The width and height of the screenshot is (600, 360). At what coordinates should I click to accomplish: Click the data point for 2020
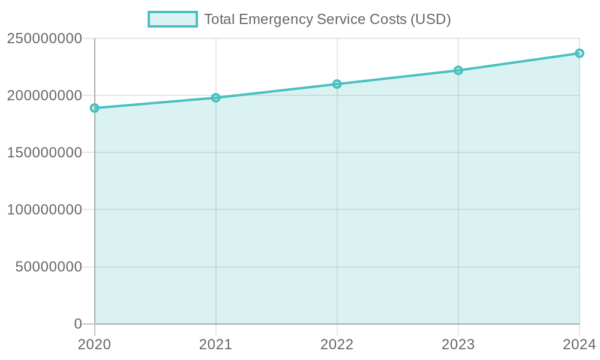(x=94, y=108)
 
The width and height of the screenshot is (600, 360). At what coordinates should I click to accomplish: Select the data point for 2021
(x=216, y=98)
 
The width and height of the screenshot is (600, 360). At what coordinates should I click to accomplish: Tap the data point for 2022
(x=337, y=84)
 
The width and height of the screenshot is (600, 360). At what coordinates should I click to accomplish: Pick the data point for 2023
(x=458, y=70)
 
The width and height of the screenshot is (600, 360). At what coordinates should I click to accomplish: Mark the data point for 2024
(x=580, y=53)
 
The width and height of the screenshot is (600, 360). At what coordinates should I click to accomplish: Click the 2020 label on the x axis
(x=94, y=344)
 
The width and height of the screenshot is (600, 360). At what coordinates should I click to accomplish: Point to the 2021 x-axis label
(x=215, y=344)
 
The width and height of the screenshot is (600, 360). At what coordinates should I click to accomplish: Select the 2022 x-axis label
(x=337, y=344)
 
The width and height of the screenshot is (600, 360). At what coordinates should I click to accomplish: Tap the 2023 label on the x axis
(x=458, y=344)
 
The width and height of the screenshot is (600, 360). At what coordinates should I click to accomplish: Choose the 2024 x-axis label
(x=579, y=344)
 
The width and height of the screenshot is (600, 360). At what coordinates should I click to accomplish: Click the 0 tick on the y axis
(x=78, y=324)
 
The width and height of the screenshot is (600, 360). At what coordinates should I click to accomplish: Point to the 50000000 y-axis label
(x=48, y=267)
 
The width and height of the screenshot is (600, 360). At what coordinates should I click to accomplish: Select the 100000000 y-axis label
(x=44, y=210)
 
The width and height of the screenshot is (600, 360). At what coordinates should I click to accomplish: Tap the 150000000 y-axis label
(x=44, y=152)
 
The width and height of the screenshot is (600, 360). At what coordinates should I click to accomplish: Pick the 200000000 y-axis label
(x=44, y=95)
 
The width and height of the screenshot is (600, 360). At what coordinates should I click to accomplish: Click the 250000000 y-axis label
(x=44, y=38)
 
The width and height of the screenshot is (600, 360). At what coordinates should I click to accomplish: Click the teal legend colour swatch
(x=173, y=19)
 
